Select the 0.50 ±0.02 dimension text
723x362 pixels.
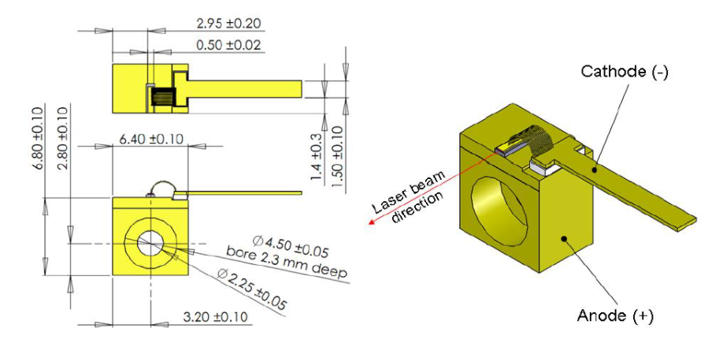pos(228,45)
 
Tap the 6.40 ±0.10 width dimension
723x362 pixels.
pos(151,139)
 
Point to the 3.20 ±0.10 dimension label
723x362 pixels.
pos(215,317)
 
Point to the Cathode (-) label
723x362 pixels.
pos(624,73)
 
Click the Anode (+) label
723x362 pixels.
pos(615,316)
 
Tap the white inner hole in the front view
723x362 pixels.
pos(150,243)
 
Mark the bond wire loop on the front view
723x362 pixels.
pos(162,188)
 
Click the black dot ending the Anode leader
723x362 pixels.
pos(563,239)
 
